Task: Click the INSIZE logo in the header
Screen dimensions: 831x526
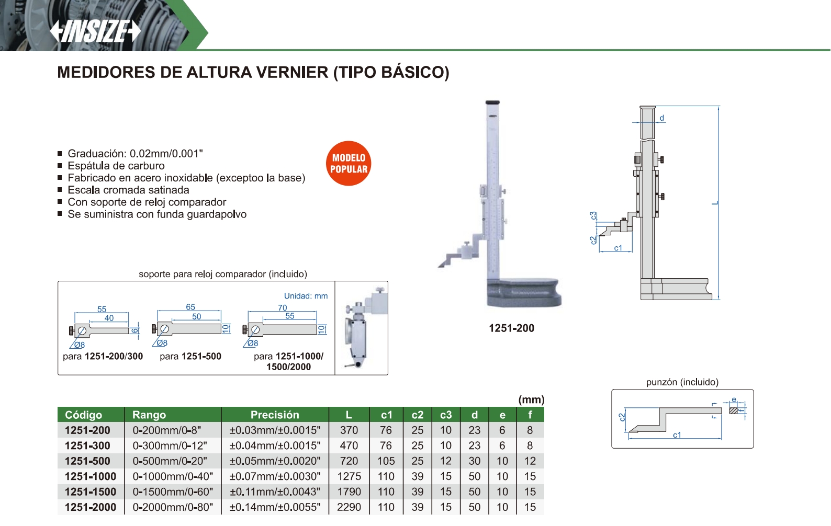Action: click(95, 31)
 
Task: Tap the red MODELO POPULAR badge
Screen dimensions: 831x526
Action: click(349, 164)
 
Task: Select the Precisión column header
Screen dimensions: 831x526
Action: click(275, 415)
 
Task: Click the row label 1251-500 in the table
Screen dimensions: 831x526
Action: click(87, 461)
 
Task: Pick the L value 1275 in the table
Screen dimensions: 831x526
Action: click(349, 476)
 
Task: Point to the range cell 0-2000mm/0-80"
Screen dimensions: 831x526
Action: click(173, 507)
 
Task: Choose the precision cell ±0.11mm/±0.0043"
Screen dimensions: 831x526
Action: click(275, 492)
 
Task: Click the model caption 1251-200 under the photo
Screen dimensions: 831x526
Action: click(512, 328)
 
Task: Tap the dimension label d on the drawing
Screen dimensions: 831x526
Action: click(662, 118)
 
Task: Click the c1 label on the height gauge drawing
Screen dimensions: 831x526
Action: click(618, 248)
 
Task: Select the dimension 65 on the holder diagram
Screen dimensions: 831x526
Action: click(190, 307)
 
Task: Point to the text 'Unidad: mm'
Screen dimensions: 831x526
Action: click(306, 296)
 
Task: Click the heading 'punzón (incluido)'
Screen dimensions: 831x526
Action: click(682, 382)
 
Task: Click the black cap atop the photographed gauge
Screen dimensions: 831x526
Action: click(492, 102)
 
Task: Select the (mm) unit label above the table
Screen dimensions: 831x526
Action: click(531, 399)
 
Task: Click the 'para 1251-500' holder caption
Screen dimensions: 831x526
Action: click(190, 357)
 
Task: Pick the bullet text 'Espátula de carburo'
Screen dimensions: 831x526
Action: click(116, 166)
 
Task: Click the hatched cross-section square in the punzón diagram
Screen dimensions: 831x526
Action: click(734, 411)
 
